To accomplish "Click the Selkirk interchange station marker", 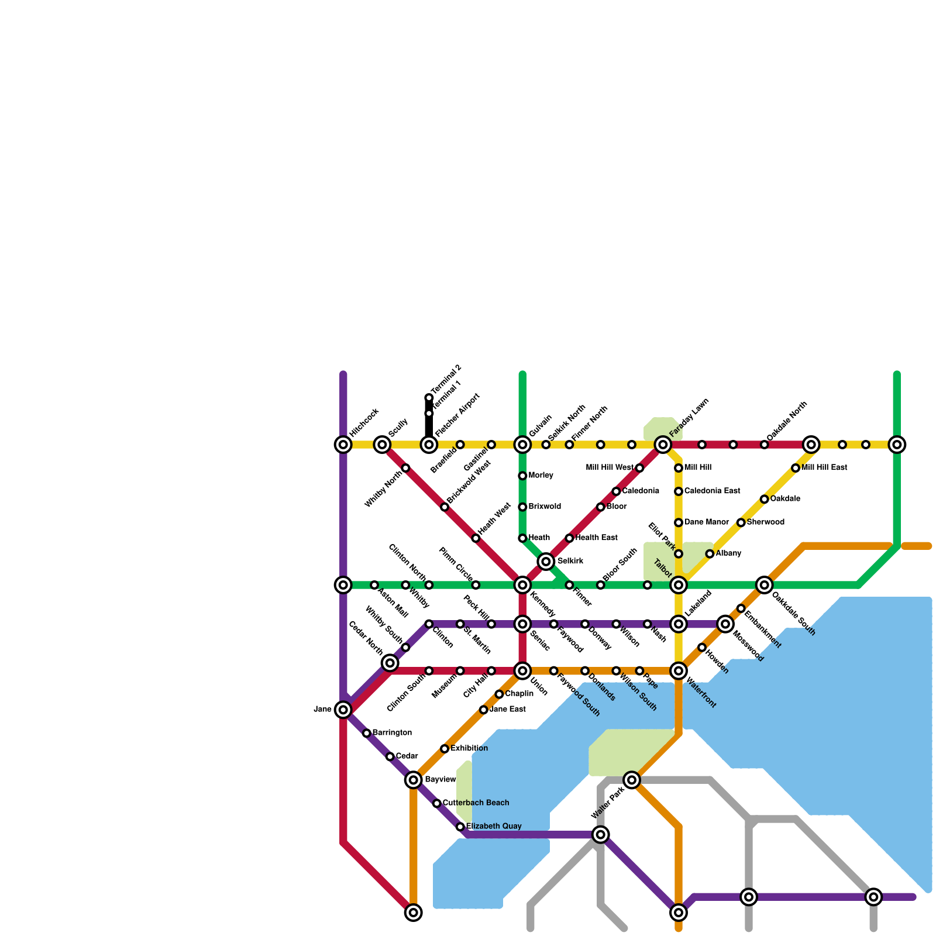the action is coord(546,562).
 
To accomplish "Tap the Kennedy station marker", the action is coord(522,584).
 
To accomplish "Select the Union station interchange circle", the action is coord(522,670).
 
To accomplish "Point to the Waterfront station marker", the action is coord(679,670).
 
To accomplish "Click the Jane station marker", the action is coord(343,710).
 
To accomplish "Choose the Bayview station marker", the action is coord(414,780).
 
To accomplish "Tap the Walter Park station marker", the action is coord(632,780).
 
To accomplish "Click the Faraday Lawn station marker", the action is coord(663,445).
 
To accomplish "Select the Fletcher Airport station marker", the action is coord(429,445).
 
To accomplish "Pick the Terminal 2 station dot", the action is coord(429,398).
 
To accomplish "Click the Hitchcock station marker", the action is coord(343,445).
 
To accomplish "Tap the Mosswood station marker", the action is coord(725,624).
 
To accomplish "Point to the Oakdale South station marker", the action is coord(765,584).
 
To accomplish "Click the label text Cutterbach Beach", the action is coord(476,803).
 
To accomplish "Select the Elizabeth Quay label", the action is coord(494,826).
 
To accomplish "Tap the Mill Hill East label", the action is coord(824,468).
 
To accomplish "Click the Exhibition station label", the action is coord(469,748).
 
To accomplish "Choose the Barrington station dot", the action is coord(367,733).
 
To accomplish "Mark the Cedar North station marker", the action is coord(390,663).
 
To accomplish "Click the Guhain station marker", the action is coord(522,445).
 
